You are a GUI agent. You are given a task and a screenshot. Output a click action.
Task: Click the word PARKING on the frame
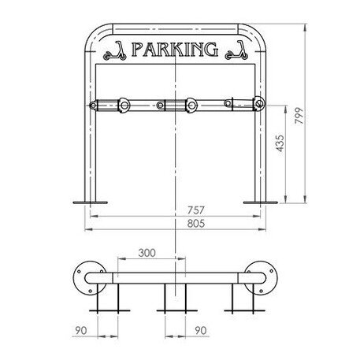(x=175, y=50)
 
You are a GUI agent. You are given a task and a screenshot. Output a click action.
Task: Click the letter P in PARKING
(x=139, y=50)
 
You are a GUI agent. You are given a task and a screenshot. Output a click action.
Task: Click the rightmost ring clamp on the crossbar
(x=257, y=103)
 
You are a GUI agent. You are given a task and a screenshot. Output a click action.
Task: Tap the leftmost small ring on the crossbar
(x=95, y=105)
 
